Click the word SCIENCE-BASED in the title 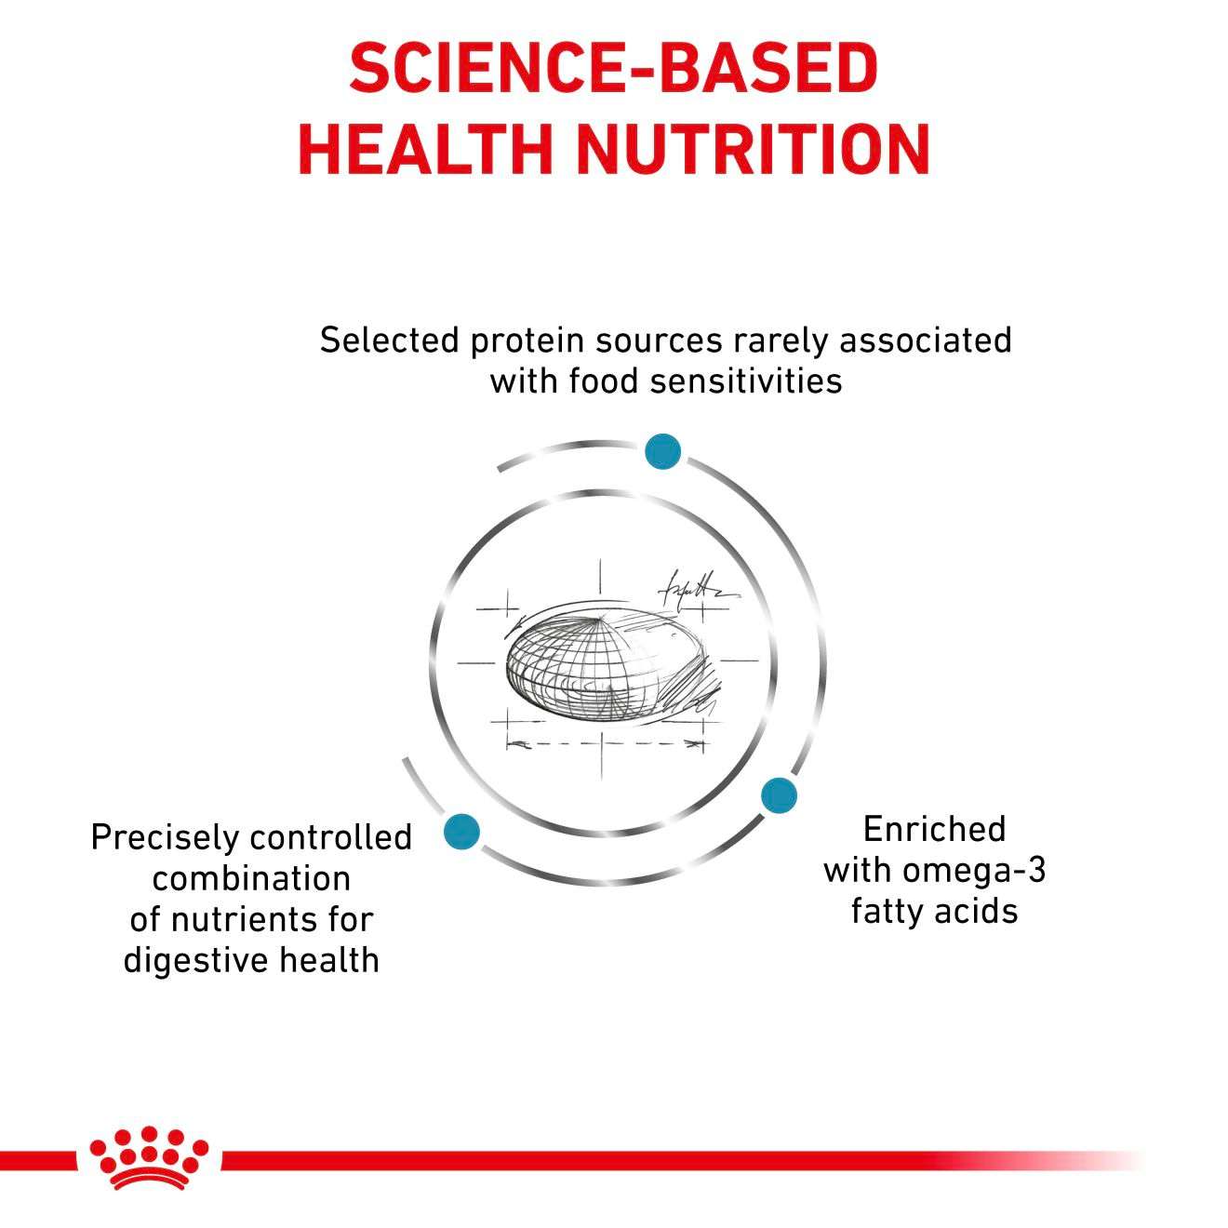pyautogui.click(x=614, y=69)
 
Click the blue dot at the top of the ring pyautogui.click(x=662, y=452)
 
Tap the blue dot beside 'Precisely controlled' pyautogui.click(x=461, y=831)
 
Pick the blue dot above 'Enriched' pyautogui.click(x=779, y=795)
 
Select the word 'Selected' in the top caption pyautogui.click(x=390, y=340)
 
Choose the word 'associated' pyautogui.click(x=926, y=340)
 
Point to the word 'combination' pyautogui.click(x=252, y=879)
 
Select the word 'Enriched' pyautogui.click(x=934, y=830)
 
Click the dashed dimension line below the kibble pyautogui.click(x=606, y=743)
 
